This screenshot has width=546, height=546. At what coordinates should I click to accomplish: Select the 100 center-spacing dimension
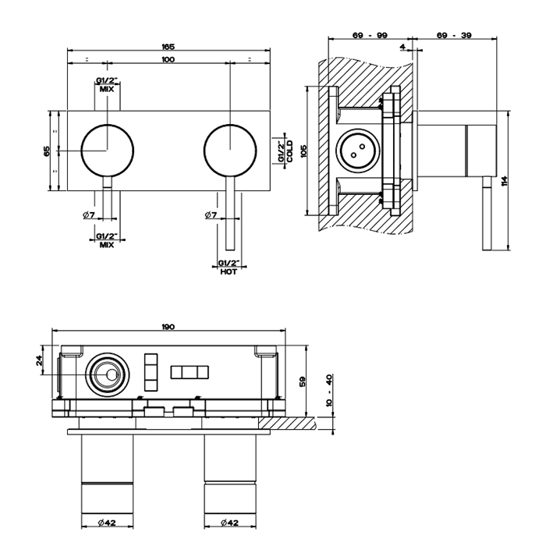coord(168,60)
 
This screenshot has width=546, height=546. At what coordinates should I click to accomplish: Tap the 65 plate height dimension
coord(47,150)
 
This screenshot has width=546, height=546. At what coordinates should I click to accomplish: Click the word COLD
coord(290,150)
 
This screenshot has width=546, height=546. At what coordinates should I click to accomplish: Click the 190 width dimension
coord(168,327)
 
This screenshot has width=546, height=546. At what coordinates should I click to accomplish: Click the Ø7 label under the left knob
coord(88,214)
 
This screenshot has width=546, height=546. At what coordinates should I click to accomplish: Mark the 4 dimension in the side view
coord(402,48)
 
